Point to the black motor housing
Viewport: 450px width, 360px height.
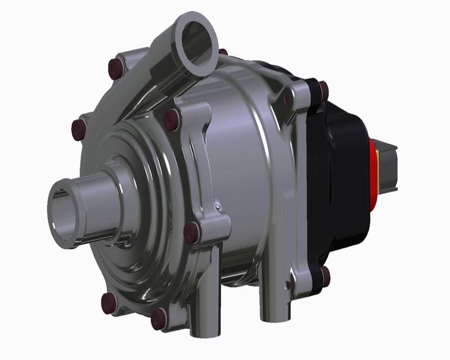343,180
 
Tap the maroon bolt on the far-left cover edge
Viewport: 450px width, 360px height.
79,130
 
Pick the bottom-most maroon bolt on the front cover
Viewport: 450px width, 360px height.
159,319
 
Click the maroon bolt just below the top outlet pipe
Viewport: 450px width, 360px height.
171,119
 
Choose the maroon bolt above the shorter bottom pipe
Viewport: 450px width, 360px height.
191,232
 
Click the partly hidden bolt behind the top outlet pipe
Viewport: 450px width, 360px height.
223,52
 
